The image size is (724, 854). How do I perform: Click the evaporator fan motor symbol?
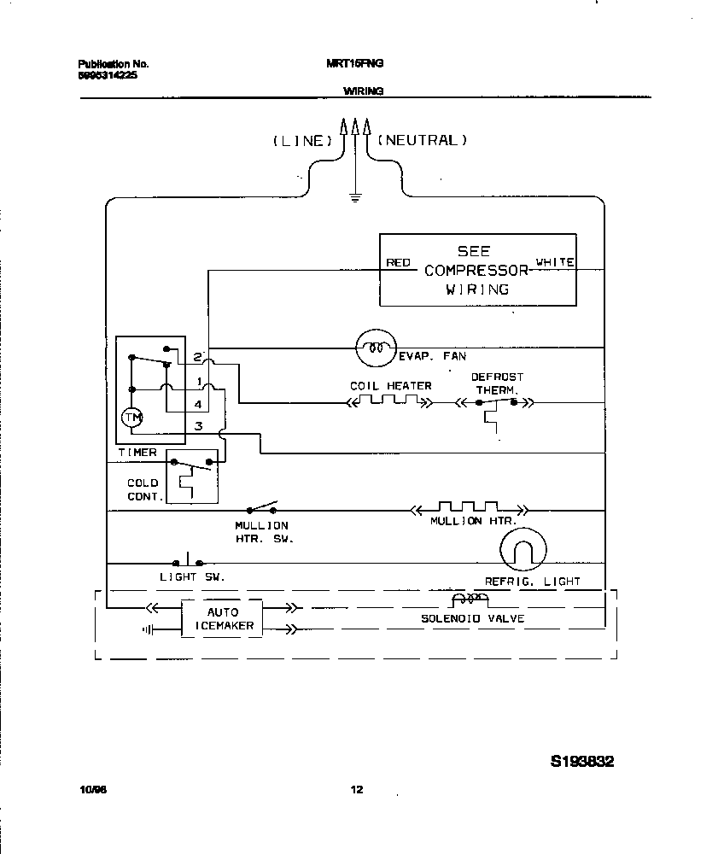tap(373, 347)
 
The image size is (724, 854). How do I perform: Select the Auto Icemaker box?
tap(222, 619)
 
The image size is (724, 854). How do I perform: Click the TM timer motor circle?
tap(131, 417)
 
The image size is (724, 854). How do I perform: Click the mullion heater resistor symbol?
tap(467, 507)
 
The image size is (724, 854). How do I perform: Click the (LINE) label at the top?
tap(301, 141)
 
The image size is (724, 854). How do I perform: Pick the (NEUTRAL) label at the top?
tap(422, 140)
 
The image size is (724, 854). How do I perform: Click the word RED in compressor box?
tap(398, 263)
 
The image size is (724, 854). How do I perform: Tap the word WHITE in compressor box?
tap(554, 262)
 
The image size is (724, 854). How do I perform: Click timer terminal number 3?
tap(198, 425)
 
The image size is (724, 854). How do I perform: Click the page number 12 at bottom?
tap(356, 790)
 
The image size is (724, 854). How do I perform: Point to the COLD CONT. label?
tap(143, 489)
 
